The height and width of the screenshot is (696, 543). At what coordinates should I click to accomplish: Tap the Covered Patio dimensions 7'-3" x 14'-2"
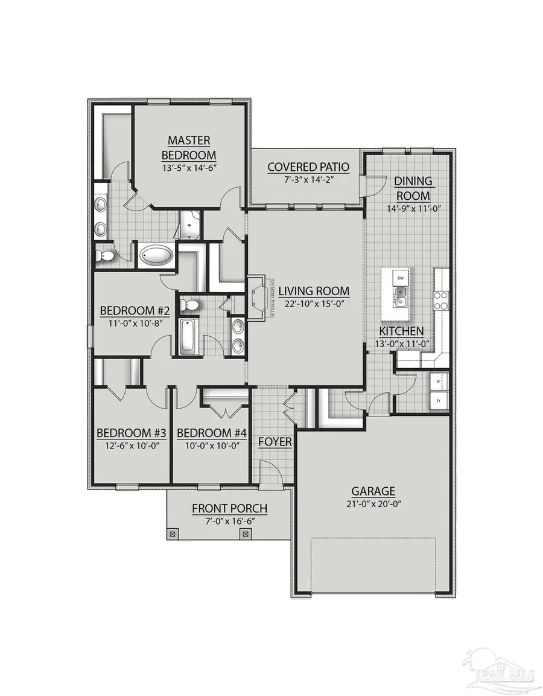[x=300, y=180]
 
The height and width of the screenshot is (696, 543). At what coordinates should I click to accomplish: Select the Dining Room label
[x=413, y=188]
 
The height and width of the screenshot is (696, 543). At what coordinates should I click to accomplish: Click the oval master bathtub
[x=156, y=255]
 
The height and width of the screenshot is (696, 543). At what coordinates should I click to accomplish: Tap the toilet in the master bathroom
[x=105, y=255]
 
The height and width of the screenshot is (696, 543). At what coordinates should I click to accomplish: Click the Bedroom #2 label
[x=135, y=311]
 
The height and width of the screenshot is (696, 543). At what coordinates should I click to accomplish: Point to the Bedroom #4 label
[x=205, y=433]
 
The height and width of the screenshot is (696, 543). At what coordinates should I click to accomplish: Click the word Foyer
[x=275, y=442]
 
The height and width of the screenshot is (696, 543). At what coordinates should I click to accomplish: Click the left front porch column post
[x=173, y=534]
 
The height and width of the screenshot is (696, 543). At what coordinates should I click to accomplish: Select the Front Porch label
[x=229, y=509]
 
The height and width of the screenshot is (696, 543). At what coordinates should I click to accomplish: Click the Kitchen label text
[x=401, y=331]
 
